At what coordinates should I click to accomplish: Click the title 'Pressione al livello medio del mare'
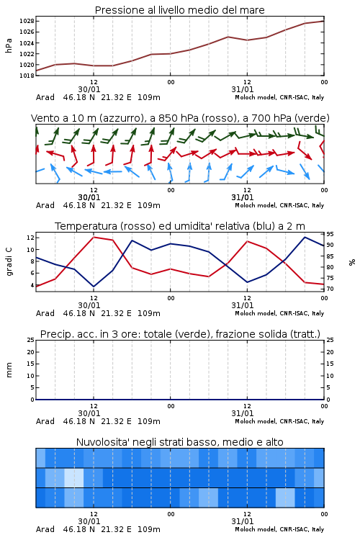(x=180, y=10)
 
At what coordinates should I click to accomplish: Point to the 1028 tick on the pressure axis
(x=27, y=21)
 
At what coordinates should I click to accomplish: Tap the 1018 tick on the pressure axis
(x=27, y=76)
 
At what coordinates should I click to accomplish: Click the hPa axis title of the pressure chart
(x=9, y=45)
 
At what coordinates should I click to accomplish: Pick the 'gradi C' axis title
(x=9, y=262)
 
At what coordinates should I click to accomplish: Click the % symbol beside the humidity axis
(x=352, y=262)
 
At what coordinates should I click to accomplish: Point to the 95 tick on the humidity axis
(x=330, y=234)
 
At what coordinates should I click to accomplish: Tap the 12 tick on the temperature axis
(x=30, y=238)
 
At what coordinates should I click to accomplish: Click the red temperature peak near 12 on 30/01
(x=94, y=237)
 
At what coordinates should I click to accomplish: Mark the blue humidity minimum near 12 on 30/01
(x=94, y=287)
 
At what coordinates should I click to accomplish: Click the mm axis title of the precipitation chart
(x=9, y=370)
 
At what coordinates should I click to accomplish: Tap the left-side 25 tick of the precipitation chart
(x=31, y=340)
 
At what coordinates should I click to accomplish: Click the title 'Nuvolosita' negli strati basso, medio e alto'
(x=180, y=442)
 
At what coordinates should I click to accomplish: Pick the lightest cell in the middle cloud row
(x=74, y=477)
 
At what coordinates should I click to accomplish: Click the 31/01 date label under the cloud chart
(x=242, y=521)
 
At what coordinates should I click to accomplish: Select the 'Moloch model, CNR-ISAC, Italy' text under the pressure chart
(x=279, y=97)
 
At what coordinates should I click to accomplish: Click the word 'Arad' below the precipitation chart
(x=45, y=421)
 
